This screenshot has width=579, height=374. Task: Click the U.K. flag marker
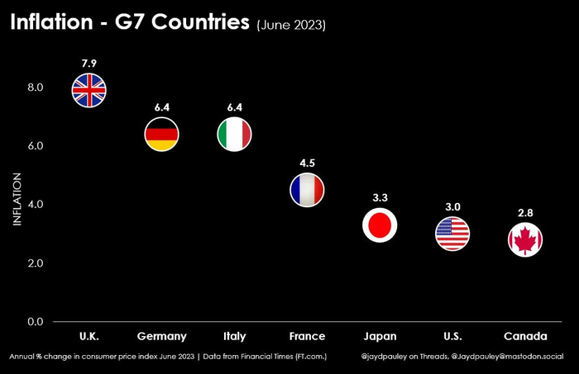[x=89, y=90]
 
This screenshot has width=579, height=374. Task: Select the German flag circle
[x=162, y=135]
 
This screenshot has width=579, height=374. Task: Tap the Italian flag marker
[x=235, y=135]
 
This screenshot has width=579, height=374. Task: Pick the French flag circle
[x=307, y=190]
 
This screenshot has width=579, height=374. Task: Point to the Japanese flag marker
[x=380, y=225]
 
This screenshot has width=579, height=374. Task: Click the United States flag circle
[x=452, y=234]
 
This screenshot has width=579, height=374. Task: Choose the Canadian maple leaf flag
[x=525, y=240]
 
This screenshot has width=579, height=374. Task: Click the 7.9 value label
[x=89, y=62]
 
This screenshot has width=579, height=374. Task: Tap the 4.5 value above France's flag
[x=307, y=162]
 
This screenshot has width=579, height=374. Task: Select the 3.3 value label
[x=380, y=197]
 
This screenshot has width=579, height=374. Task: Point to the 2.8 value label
[x=525, y=213]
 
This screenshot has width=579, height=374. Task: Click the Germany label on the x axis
[x=162, y=337]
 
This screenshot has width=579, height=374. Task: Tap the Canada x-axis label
[x=525, y=337]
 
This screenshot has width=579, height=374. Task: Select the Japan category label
[x=380, y=337]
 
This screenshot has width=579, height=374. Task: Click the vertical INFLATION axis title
[x=17, y=199]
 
